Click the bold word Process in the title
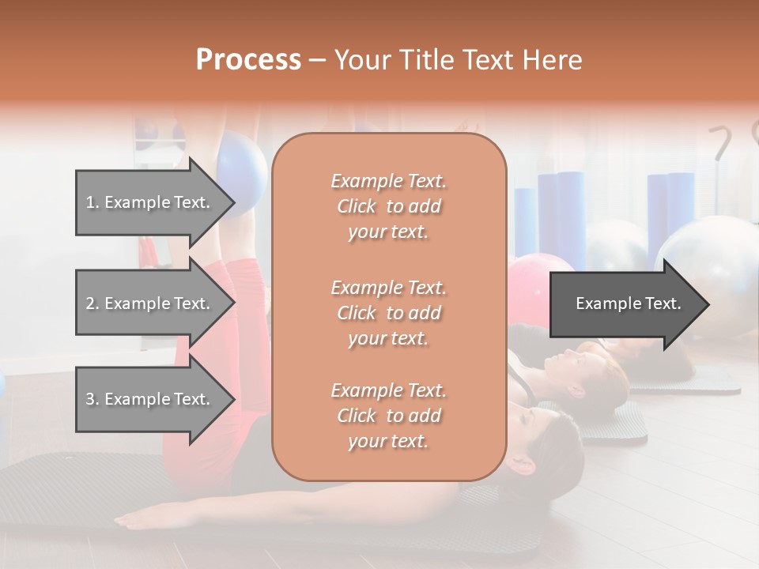(x=248, y=60)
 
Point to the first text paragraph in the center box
(x=388, y=206)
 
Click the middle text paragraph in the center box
(x=388, y=313)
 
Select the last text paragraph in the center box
(x=388, y=416)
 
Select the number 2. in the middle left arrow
(x=92, y=303)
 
